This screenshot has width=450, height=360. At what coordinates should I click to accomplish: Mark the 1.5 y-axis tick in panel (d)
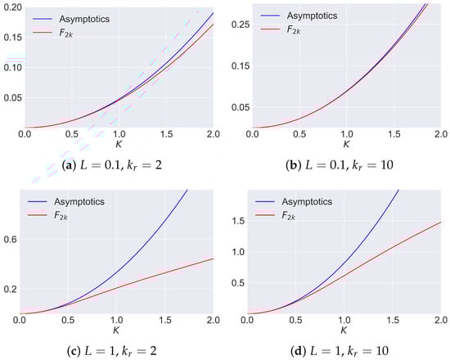pos(236,220)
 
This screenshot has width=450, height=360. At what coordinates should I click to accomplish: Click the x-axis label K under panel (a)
pos(117,145)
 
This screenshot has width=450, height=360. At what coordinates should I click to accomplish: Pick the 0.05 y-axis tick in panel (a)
pos(11,99)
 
